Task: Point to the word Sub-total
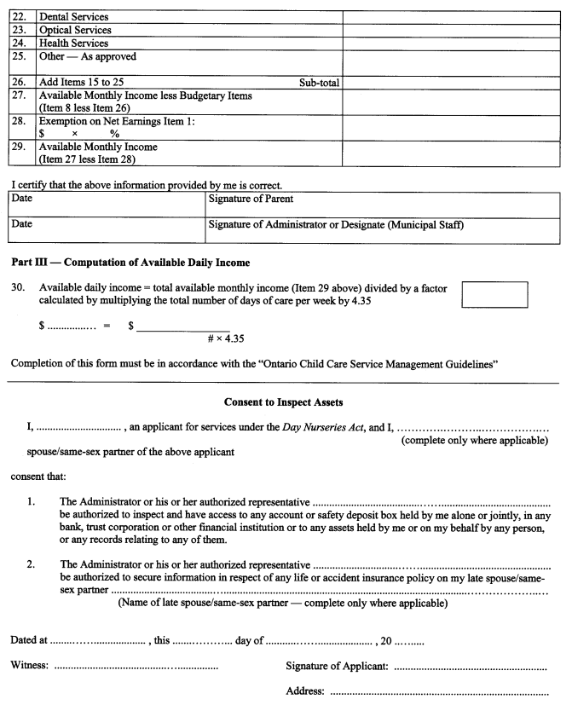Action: (x=319, y=82)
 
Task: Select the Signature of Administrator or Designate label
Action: (x=341, y=226)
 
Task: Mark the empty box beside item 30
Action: (x=494, y=294)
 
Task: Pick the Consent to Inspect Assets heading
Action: (x=286, y=402)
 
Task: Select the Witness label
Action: (x=30, y=664)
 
